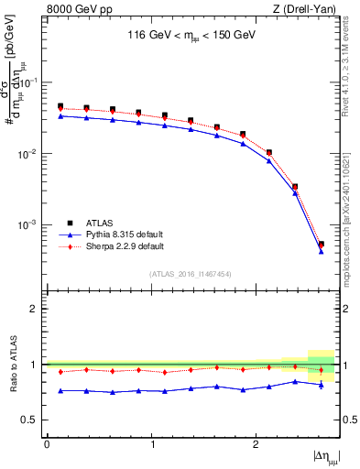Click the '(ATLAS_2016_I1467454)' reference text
pyautogui.click(x=191, y=274)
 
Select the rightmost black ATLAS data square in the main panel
pyautogui.click(x=321, y=244)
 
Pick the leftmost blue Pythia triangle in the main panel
pyautogui.click(x=60, y=115)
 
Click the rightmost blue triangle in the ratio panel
pyautogui.click(x=321, y=385)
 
